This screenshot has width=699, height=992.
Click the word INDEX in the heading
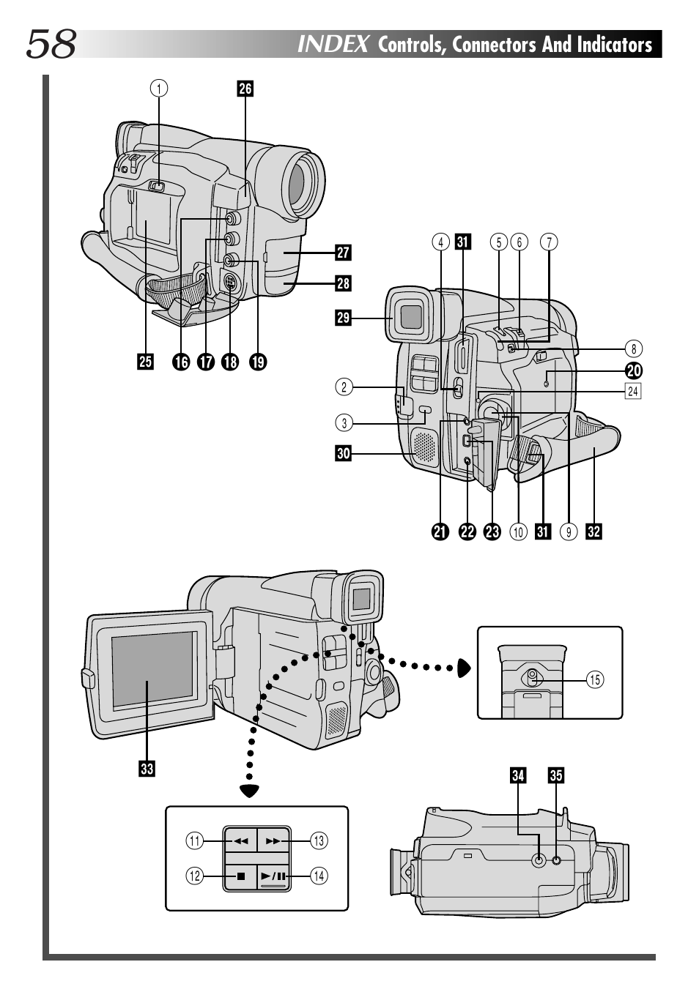pos(333,45)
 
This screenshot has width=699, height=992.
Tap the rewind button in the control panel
pos(240,841)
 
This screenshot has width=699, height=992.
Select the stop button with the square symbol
pos(240,876)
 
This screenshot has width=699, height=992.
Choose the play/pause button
pos(274,876)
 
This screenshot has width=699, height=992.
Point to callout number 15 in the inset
pos(595,679)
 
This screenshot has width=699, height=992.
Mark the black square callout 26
pos(245,89)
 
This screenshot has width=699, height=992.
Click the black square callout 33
pos(147,768)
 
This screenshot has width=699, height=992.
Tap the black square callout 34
pos(518,775)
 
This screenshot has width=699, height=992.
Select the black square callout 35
pos(556,775)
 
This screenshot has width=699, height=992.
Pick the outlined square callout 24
pos(632,391)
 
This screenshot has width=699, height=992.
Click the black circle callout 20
pos(633,370)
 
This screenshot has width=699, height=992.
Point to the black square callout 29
pos(343,318)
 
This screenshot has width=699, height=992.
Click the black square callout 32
pos(593,532)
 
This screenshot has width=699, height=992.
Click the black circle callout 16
pos(180,361)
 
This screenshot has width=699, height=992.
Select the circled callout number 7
pos(549,242)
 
